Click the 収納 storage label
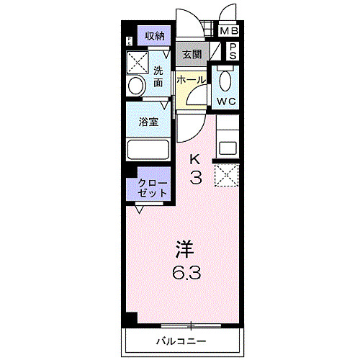[x=155, y=36]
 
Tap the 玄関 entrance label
[x=192, y=54]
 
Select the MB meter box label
[x=229, y=31]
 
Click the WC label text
[x=227, y=102]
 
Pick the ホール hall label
[x=191, y=79]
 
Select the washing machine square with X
[x=138, y=62]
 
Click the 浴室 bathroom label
[x=149, y=122]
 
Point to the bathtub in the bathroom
[x=148, y=150]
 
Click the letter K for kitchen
[x=195, y=159]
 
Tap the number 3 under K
[x=195, y=177]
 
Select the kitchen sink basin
[x=228, y=148]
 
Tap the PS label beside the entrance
[x=232, y=51]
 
